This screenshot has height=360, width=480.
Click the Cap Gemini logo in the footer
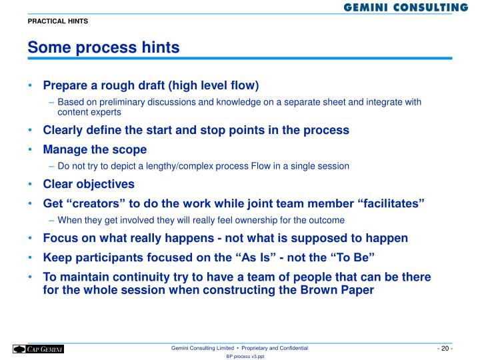pos(38,349)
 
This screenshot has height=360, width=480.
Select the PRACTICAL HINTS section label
pos(57,21)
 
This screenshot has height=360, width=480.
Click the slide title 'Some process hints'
pos(103,48)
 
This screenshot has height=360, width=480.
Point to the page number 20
pos(445,349)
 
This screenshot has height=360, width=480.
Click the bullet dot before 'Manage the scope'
pos(31,150)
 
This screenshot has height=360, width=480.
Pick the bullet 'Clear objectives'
pos(89,184)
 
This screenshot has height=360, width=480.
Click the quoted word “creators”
pos(94,203)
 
